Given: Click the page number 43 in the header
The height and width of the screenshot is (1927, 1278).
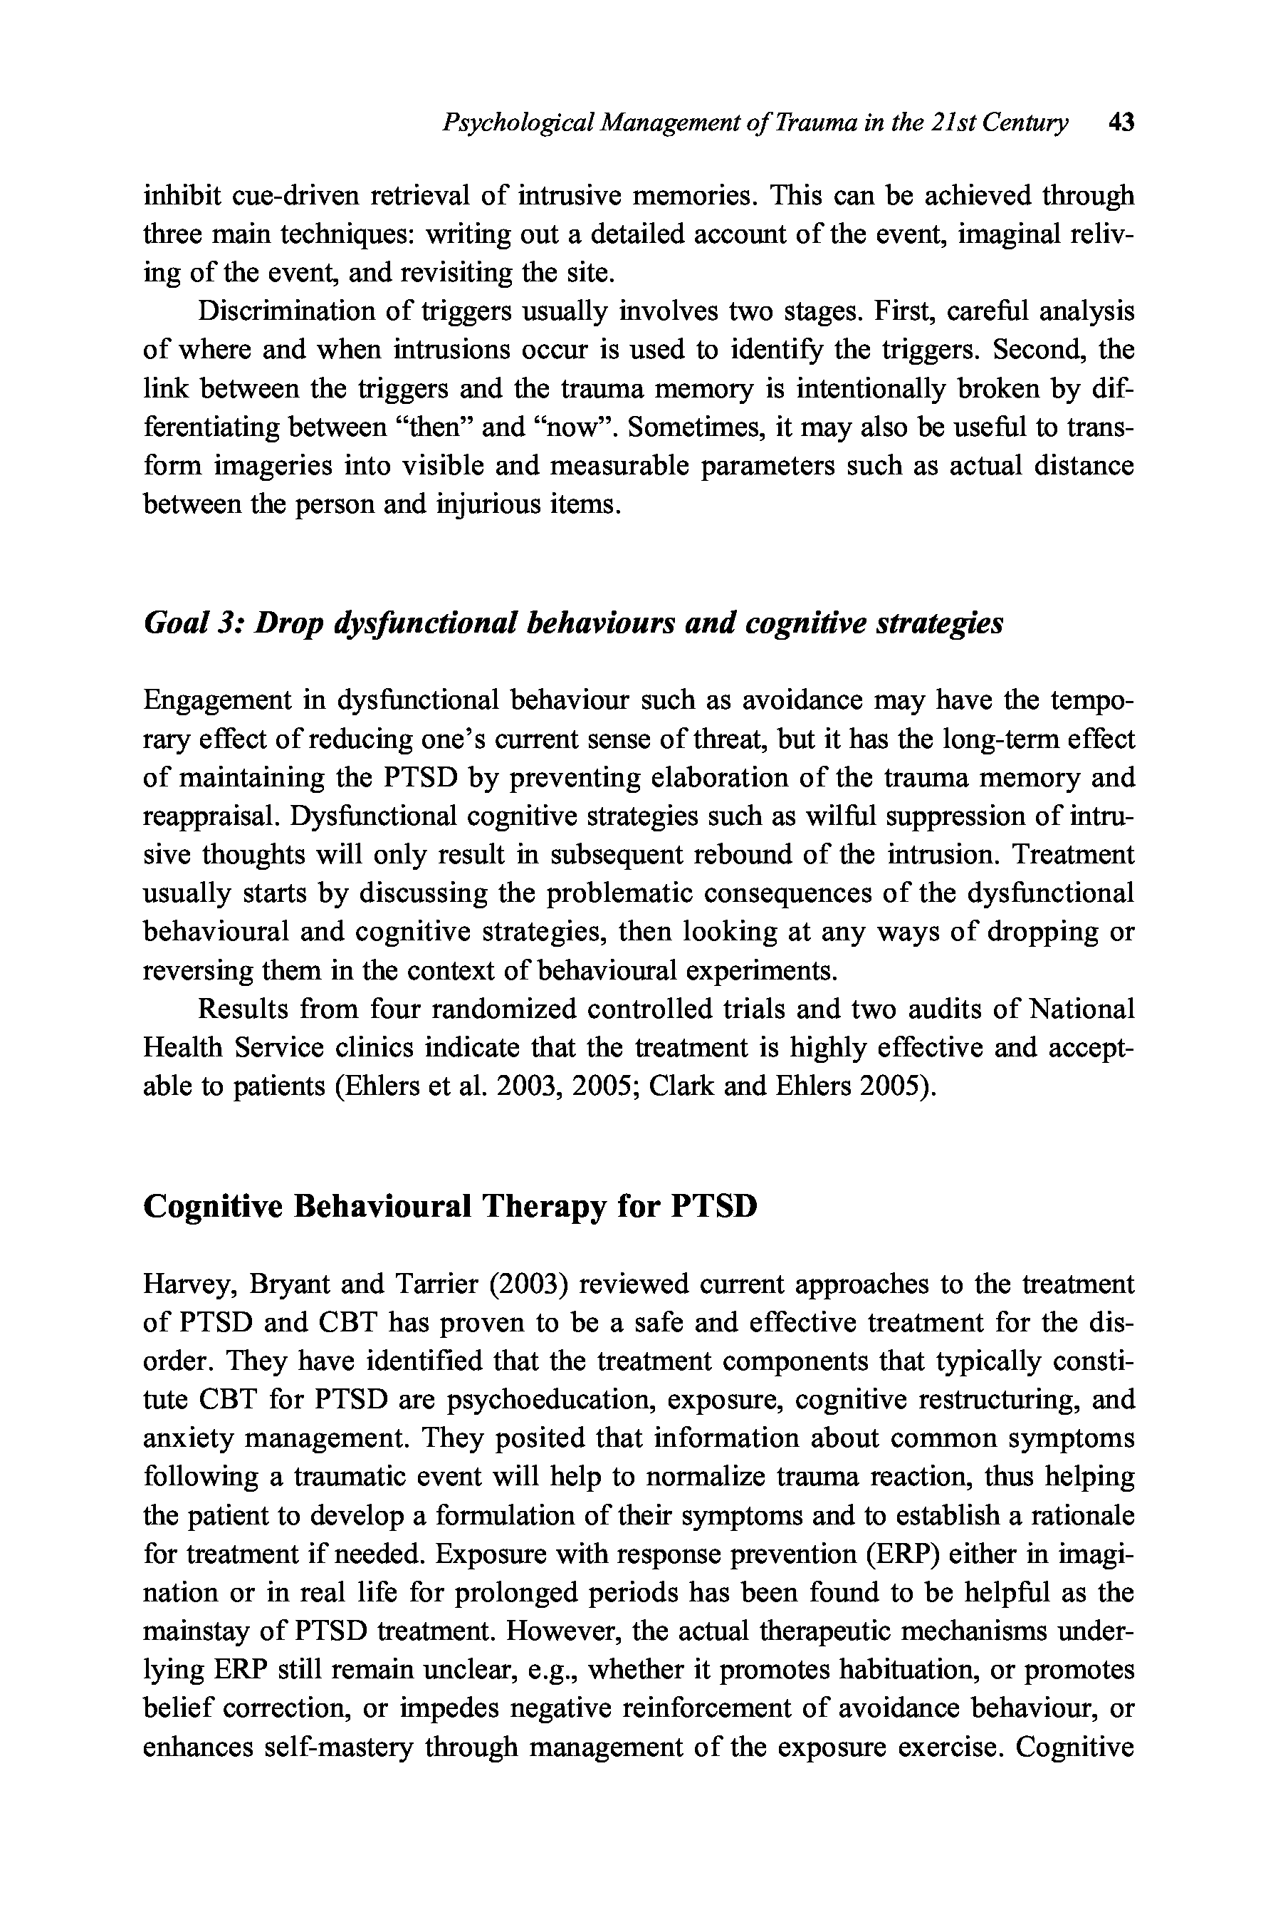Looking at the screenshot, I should coord(1121,123).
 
